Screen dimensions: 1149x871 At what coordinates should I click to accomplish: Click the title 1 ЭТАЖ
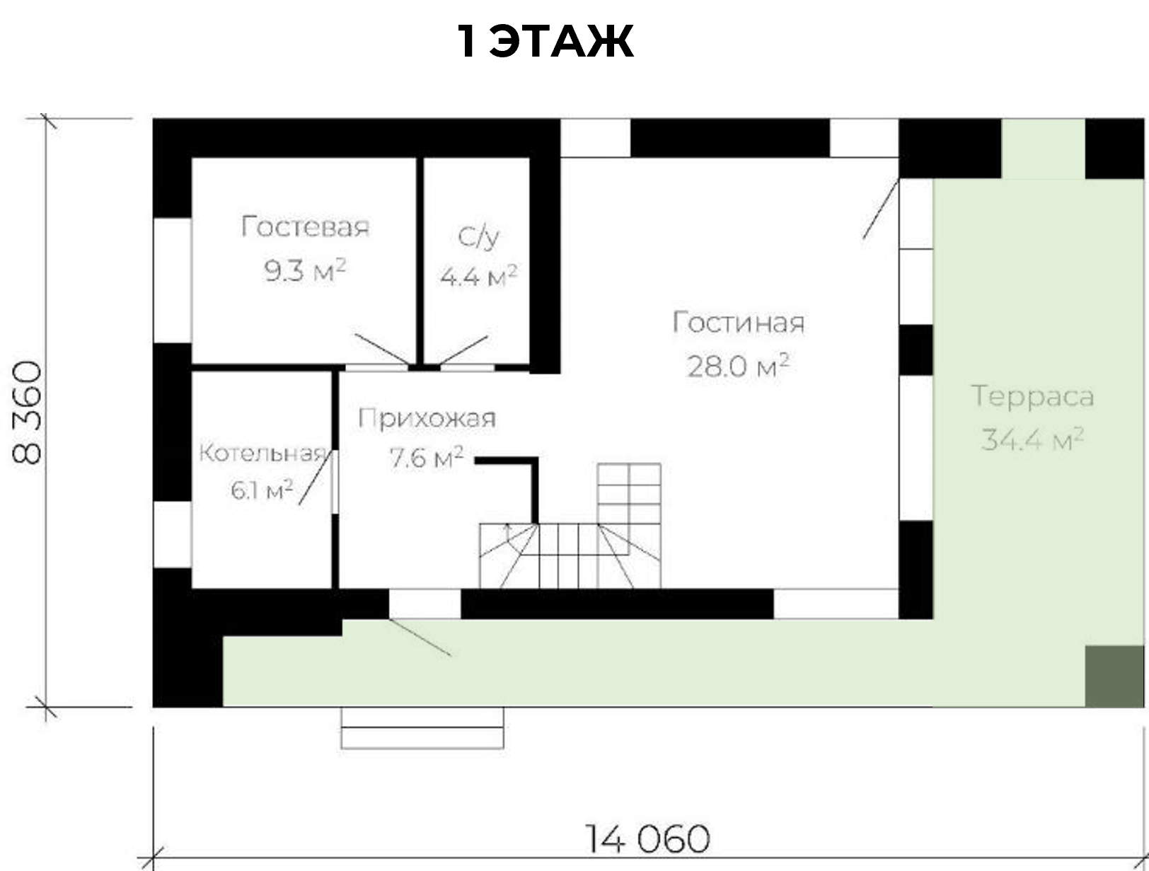tap(545, 41)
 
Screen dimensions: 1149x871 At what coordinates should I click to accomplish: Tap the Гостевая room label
tap(305, 226)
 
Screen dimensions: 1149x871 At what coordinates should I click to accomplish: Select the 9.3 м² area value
tap(305, 270)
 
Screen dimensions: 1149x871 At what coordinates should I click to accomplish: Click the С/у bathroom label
tap(478, 237)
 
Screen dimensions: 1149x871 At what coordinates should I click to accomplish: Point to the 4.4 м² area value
tap(478, 276)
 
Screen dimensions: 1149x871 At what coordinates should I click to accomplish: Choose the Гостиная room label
tap(738, 323)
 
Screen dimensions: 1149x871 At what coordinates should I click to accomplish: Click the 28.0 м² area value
tap(737, 365)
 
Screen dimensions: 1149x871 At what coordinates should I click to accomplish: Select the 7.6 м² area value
tap(427, 458)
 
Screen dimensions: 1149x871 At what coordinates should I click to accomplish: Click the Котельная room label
tap(263, 453)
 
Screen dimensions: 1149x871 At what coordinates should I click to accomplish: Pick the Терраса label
tap(1032, 397)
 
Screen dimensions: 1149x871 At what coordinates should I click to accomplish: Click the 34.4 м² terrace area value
tap(1032, 439)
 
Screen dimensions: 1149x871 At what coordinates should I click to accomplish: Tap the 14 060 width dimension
tap(647, 838)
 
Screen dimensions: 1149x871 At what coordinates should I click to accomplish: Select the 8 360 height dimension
tap(27, 413)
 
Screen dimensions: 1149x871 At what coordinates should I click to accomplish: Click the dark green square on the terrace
tap(1114, 676)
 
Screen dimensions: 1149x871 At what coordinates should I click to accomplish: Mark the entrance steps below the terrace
tap(422, 728)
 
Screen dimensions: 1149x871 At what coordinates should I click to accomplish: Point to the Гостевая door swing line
tap(381, 349)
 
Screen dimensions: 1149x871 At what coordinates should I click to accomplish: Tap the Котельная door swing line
tap(315, 478)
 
